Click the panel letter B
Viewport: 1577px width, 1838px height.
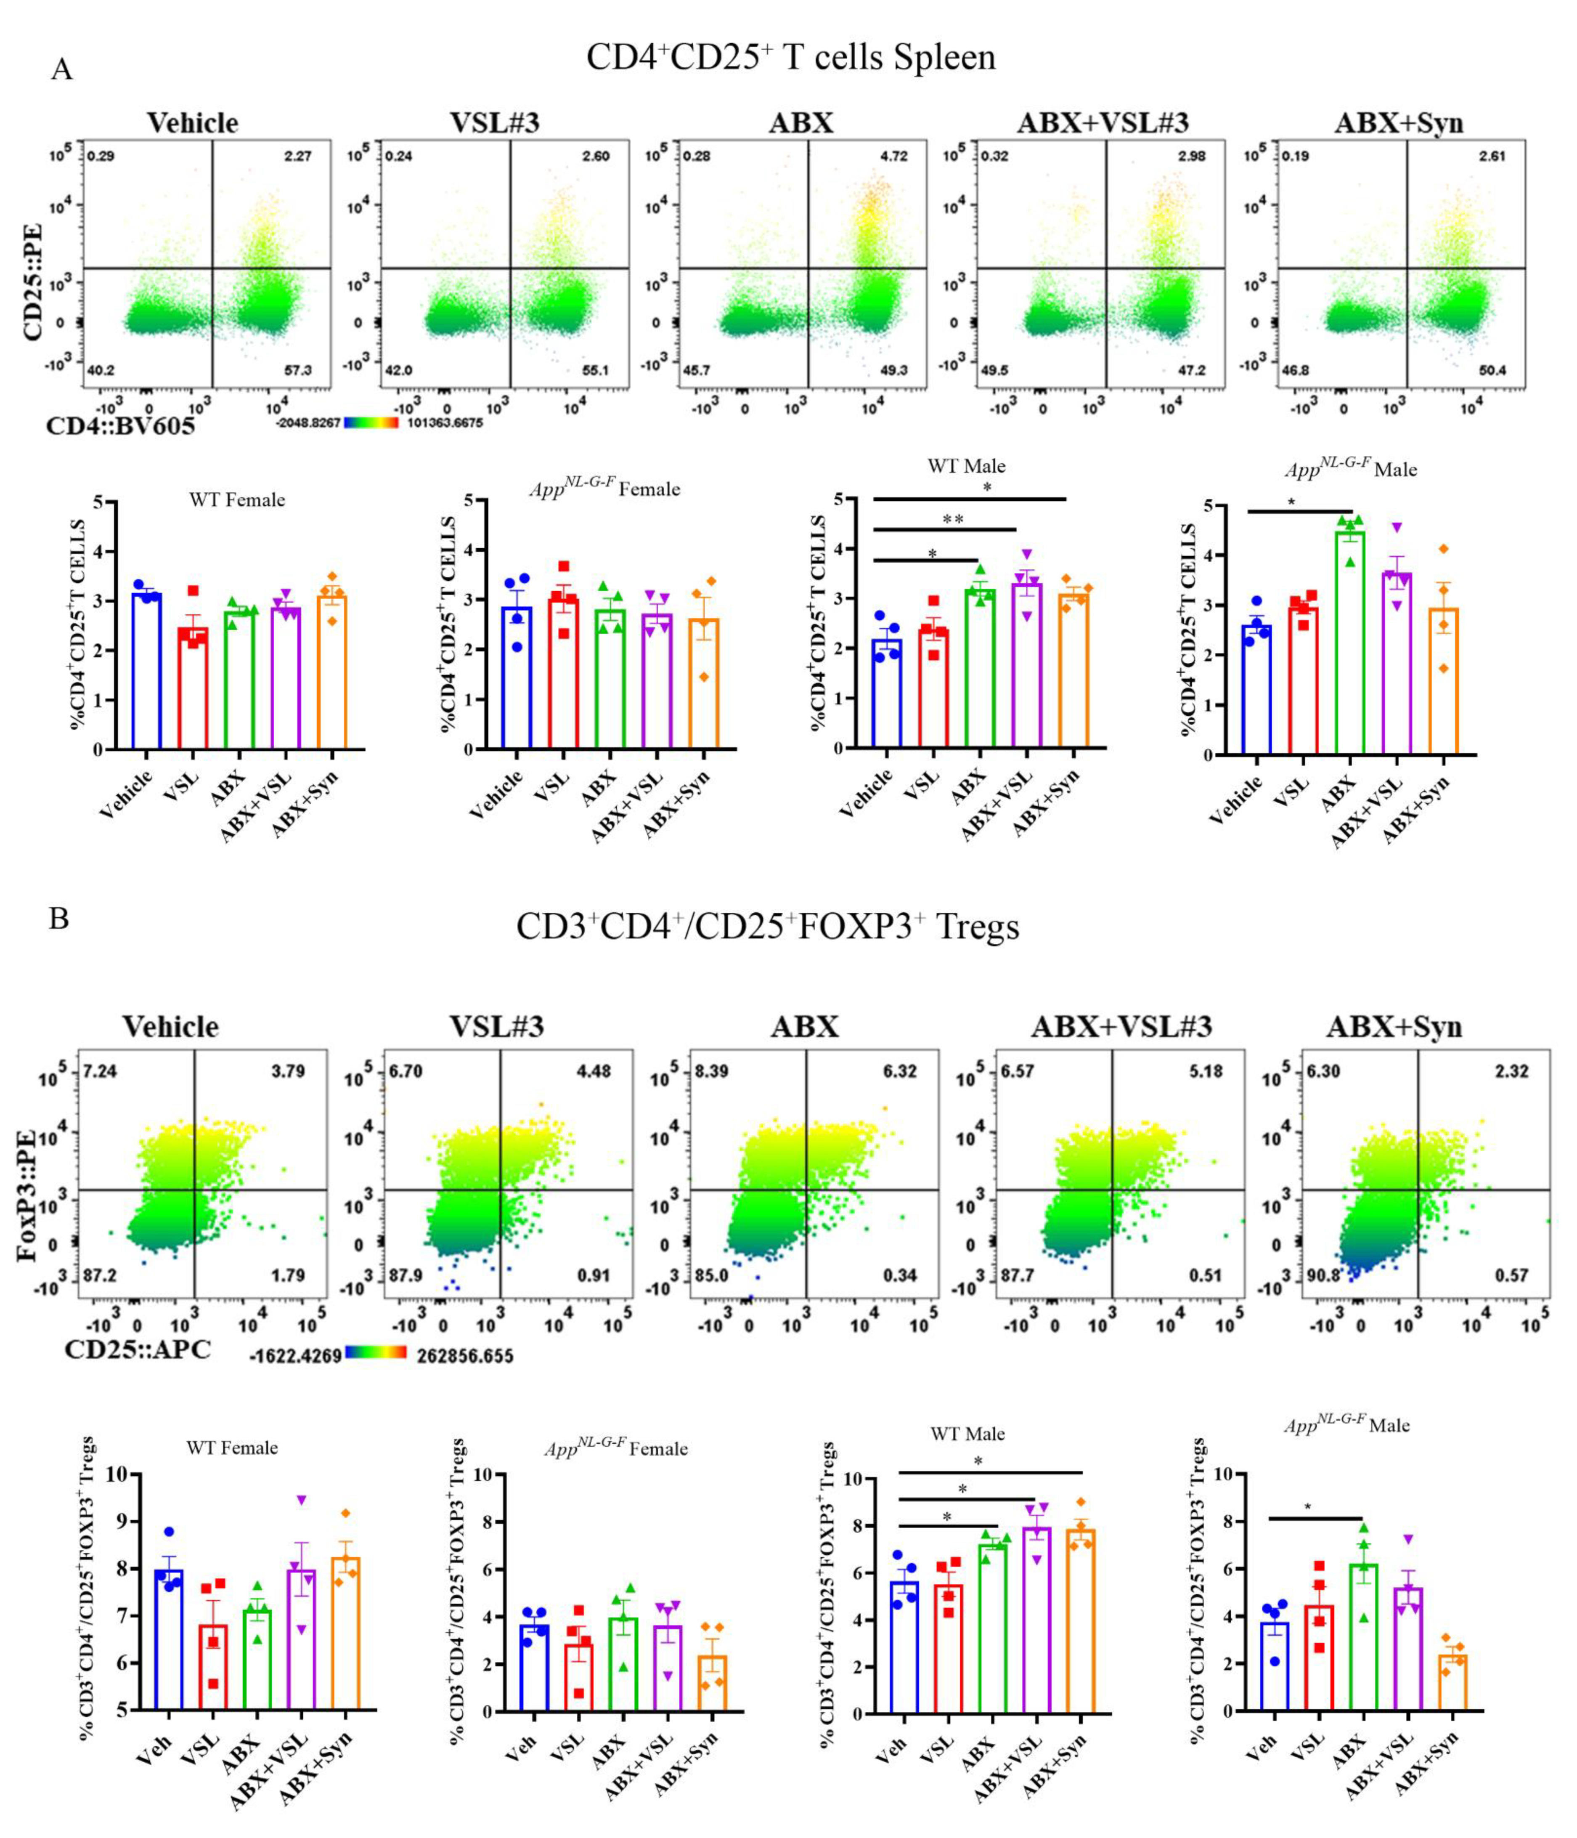coord(58,918)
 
